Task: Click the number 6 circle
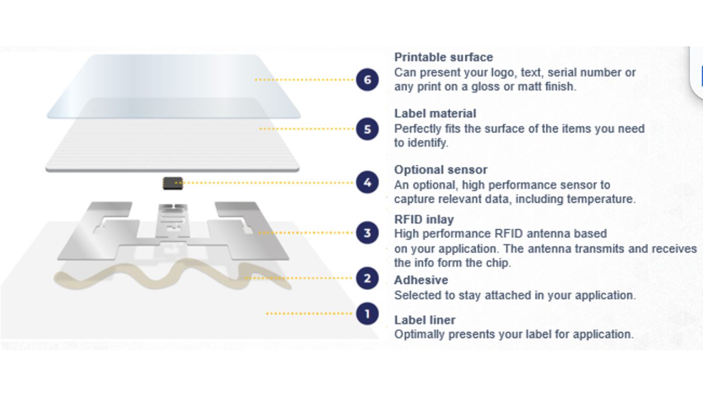pyautogui.click(x=367, y=80)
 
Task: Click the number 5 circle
pyautogui.click(x=367, y=129)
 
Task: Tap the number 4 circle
pyautogui.click(x=367, y=182)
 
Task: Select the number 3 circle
pyautogui.click(x=367, y=233)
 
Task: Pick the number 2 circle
pyautogui.click(x=367, y=277)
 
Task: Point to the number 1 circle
pyautogui.click(x=367, y=314)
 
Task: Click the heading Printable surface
pyautogui.click(x=443, y=57)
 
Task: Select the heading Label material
pyautogui.click(x=435, y=113)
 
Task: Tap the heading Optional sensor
pyautogui.click(x=441, y=170)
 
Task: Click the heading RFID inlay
pyautogui.click(x=424, y=219)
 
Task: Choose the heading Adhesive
pyautogui.click(x=421, y=280)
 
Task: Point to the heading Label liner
pyautogui.click(x=425, y=320)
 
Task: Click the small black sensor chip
pyautogui.click(x=172, y=183)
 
